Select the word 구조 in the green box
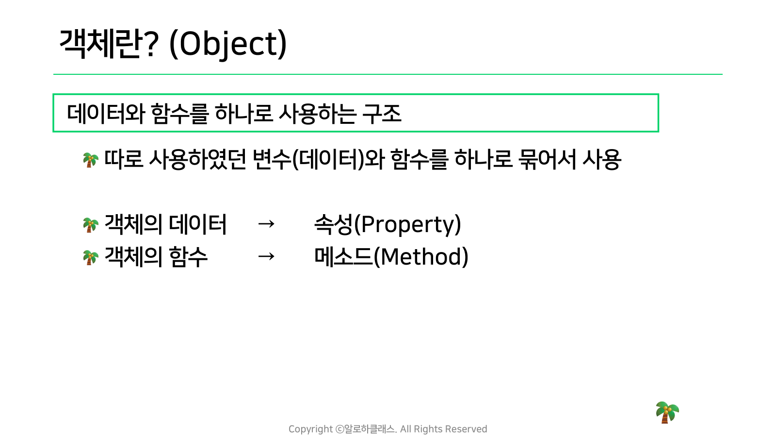pyautogui.click(x=382, y=114)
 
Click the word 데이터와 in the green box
pyautogui.click(x=106, y=114)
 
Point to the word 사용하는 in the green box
pyautogui.click(x=317, y=114)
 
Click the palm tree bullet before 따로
pyautogui.click(x=91, y=160)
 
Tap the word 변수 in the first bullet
pyautogui.click(x=272, y=160)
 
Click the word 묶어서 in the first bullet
pyautogui.click(x=548, y=160)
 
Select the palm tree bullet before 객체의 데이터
pyautogui.click(x=91, y=225)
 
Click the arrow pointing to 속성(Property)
pyautogui.click(x=266, y=224)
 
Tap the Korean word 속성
pyautogui.click(x=333, y=224)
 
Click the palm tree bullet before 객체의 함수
pyautogui.click(x=91, y=257)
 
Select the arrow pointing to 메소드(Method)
pyautogui.click(x=266, y=257)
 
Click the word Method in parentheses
pyautogui.click(x=421, y=257)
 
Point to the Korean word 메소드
pyautogui.click(x=344, y=257)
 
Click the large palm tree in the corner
pyautogui.click(x=667, y=412)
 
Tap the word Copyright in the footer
pyautogui.click(x=310, y=429)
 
